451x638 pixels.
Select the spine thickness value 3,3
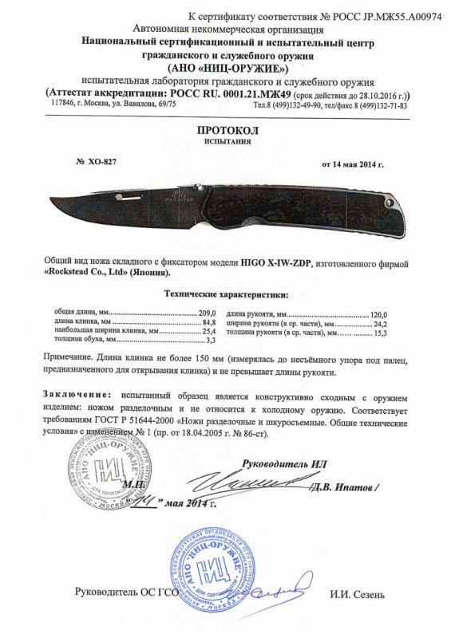coord(211,339)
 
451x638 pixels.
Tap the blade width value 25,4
coord(209,330)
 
